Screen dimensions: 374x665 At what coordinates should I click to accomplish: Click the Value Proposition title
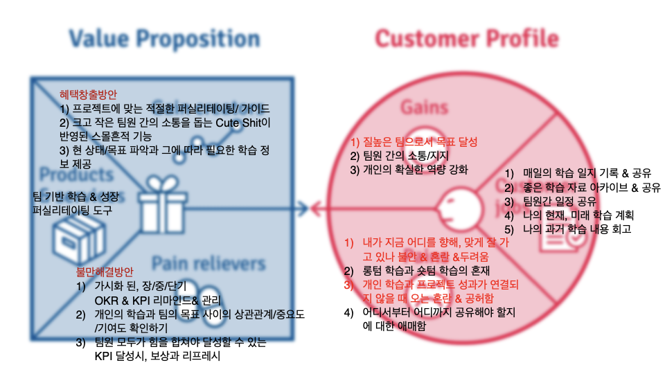pyautogui.click(x=165, y=39)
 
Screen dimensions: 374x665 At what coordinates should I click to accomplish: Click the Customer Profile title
pyautogui.click(x=466, y=39)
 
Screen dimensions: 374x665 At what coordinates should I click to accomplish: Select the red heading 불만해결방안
pyautogui.click(x=105, y=272)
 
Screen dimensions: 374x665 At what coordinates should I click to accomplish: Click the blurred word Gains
pyautogui.click(x=423, y=107)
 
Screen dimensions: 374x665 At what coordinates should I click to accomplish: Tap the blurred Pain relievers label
pyautogui.click(x=209, y=263)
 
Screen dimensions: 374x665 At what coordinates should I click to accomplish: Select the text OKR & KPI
pyautogui.click(x=124, y=301)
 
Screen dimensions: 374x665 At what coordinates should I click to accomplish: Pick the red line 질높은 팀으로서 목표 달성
pyautogui.click(x=414, y=142)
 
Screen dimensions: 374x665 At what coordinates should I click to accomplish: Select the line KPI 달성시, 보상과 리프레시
pyautogui.click(x=159, y=357)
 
